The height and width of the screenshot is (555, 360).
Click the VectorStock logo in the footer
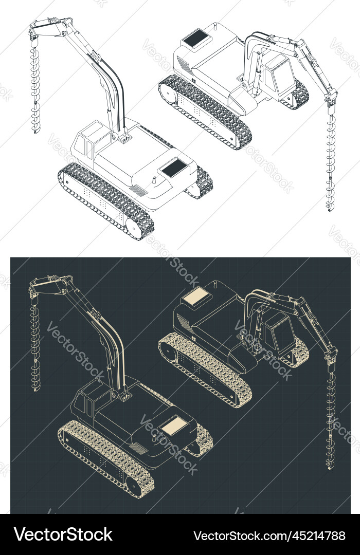(63, 534)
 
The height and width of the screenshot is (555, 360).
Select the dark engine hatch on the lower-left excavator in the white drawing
(173, 166)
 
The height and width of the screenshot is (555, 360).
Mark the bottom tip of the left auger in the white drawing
(35, 132)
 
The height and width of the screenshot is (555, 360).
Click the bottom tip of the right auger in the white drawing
(330, 211)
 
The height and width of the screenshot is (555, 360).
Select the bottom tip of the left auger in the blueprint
(35, 389)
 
